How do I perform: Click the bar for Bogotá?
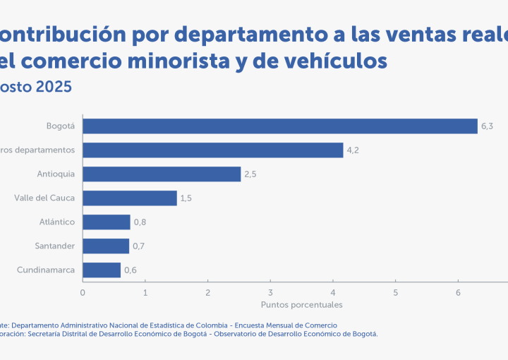click(x=280, y=126)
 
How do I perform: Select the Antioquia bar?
click(x=162, y=174)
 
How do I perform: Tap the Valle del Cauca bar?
click(x=130, y=198)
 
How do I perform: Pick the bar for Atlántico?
click(x=107, y=222)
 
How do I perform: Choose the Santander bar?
click(x=106, y=246)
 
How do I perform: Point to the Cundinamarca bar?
click(x=102, y=270)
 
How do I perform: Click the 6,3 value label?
click(x=487, y=126)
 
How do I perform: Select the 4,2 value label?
click(x=352, y=150)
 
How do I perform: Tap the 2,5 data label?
click(x=250, y=174)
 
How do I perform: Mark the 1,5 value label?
click(x=186, y=198)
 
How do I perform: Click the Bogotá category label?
click(x=61, y=126)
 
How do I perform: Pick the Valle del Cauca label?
click(x=44, y=198)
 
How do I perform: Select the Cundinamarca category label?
click(x=46, y=270)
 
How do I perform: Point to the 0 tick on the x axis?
click(x=83, y=292)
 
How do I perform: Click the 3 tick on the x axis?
click(x=270, y=292)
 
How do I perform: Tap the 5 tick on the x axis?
click(x=396, y=292)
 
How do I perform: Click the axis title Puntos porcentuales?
click(x=301, y=305)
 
